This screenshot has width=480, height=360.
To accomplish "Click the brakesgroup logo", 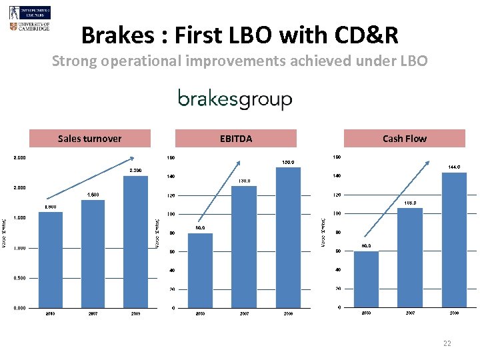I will coord(235,100).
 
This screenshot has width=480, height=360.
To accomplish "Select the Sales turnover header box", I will coord(90,139).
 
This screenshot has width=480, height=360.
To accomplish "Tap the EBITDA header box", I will coord(236,139).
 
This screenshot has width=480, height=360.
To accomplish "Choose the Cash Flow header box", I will coord(404,139).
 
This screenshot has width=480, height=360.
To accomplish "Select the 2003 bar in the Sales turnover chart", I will coord(51,260).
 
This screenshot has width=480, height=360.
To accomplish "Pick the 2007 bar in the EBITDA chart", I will coord(244,247).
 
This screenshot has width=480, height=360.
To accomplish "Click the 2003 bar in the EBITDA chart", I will coord(200,270).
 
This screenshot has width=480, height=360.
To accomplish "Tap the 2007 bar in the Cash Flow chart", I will coord(410,257).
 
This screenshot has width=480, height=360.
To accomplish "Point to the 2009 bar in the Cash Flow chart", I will coord(454,239).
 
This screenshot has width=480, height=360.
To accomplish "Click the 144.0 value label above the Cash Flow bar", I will coord(455,167).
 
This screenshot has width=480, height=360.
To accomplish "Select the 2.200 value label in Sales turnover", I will coord(135,171).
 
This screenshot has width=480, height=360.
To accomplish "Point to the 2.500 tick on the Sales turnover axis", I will coord(19,158).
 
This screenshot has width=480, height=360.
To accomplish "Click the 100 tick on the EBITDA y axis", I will coord(171,214).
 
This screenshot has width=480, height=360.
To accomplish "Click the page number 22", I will coord(447,343).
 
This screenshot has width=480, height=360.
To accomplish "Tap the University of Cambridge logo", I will coord(29,27).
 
